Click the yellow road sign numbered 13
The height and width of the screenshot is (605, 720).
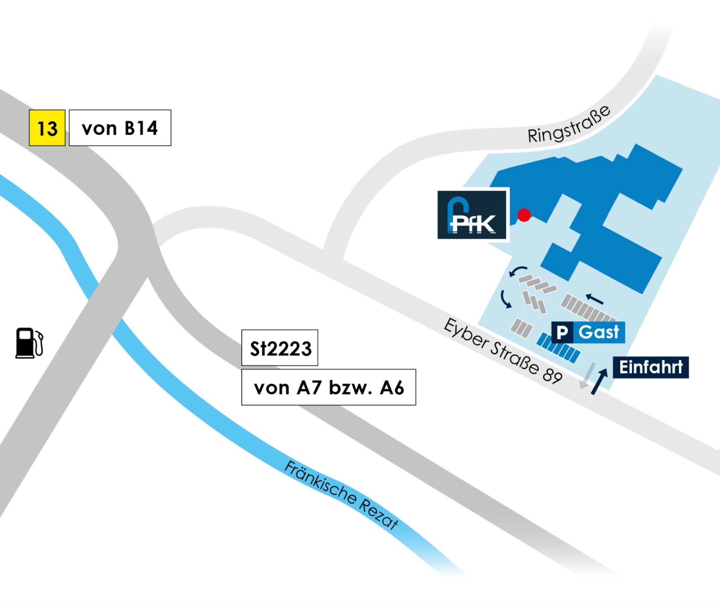coord(47,128)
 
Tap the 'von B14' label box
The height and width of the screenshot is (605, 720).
coord(120,128)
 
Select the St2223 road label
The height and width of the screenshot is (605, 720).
coord(280,348)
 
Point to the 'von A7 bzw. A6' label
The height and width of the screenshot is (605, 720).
coord(328,387)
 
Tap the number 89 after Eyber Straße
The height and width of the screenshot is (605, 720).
coord(552,374)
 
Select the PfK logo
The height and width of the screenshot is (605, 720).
coord(472,215)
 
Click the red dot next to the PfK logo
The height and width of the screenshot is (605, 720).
coord(524,215)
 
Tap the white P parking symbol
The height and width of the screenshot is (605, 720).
coord(562,332)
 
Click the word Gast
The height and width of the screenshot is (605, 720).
coord(599,332)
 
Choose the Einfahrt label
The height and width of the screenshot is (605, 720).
coord(651,367)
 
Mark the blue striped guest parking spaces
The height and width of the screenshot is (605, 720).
coord(558,348)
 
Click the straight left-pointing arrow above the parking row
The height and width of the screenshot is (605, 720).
coord(595,299)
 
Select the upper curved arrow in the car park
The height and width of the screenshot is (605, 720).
coord(518,271)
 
